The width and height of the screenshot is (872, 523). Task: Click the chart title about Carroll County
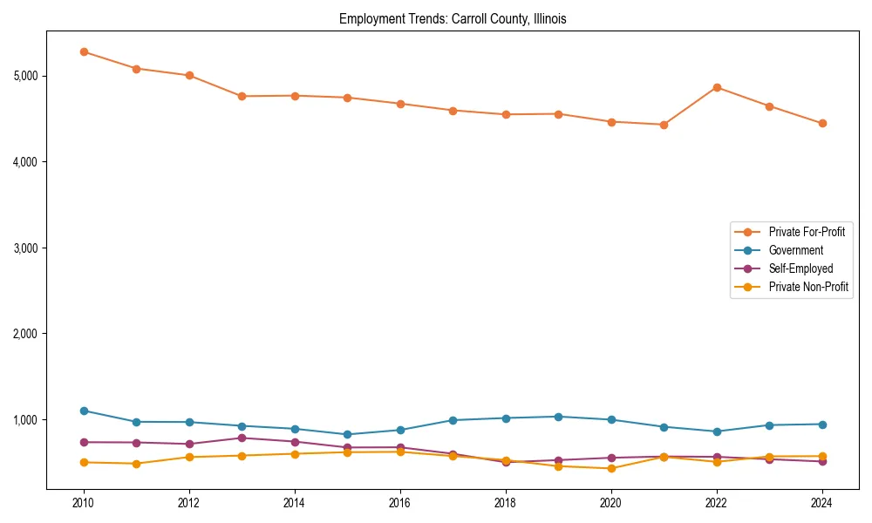coord(453,19)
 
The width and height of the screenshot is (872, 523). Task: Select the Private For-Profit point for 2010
coord(84,51)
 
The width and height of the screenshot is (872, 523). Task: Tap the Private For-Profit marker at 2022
coord(717,87)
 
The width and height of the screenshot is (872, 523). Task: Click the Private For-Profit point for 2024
coord(822,124)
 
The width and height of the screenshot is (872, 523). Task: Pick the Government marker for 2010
coord(84,411)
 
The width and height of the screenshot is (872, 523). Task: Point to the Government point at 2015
coord(347,434)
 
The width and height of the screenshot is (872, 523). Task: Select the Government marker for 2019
coord(558,417)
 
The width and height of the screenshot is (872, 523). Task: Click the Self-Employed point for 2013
coord(242,438)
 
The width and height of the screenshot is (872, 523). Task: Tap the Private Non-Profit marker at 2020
coord(611,468)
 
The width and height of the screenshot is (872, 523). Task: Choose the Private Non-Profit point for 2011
coord(136,464)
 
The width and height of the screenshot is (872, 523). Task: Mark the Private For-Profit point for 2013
coord(242,96)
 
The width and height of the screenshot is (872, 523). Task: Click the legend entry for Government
coord(795,250)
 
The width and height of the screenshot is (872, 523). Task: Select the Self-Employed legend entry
coord(800,268)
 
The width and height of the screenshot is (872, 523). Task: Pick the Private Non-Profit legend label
coord(807,287)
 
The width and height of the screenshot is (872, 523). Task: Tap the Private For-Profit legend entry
coord(806,232)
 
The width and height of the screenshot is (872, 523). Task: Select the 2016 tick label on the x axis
coord(400,503)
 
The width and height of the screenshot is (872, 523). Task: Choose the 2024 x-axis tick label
coord(822,503)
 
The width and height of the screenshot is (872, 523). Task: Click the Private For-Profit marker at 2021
coord(664,125)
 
